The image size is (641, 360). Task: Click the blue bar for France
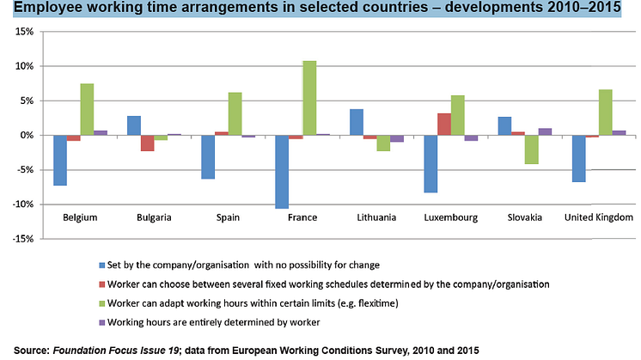tap(282, 172)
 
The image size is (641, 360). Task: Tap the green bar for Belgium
tap(87, 109)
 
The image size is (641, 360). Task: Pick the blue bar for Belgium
tap(60, 160)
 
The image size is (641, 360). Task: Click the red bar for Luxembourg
tap(443, 124)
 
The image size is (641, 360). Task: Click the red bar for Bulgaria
tap(147, 143)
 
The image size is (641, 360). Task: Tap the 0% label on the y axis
tap(24, 135)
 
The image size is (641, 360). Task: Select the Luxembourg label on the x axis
tap(450, 217)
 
